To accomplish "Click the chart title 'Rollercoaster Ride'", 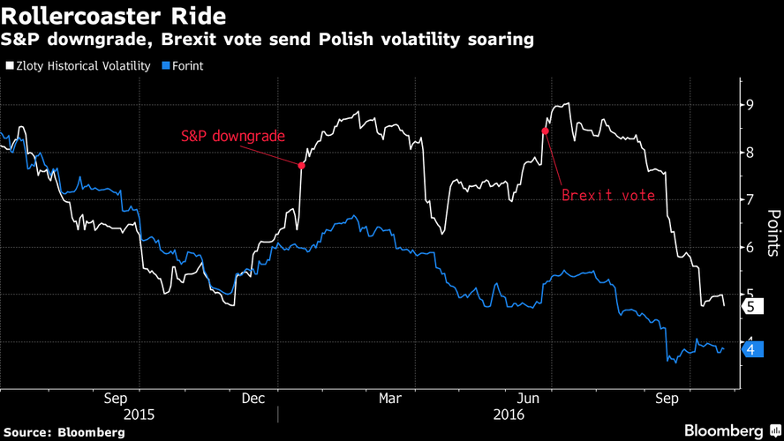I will [113, 16].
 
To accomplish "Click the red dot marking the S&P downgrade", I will [302, 165].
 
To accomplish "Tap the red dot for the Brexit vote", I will [546, 131].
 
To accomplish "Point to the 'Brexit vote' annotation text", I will [608, 195].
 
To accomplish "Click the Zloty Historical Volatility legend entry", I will [79, 65].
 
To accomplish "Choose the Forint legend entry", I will [184, 65].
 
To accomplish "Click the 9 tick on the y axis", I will [750, 105].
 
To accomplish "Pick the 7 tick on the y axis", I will [750, 200].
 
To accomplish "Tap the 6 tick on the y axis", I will [750, 248].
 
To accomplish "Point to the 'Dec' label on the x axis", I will [253, 399].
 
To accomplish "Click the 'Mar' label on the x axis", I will [390, 399].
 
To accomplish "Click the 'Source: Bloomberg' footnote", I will [63, 432].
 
